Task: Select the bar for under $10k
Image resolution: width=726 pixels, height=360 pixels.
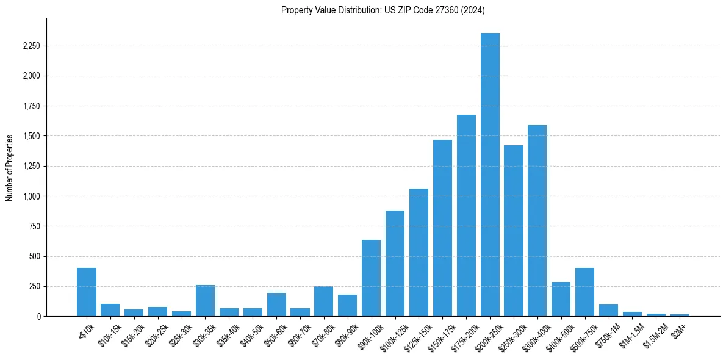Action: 87,292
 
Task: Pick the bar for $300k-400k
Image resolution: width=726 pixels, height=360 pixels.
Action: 537,220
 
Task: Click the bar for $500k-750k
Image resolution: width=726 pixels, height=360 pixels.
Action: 584,292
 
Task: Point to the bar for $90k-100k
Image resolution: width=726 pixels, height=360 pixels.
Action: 371,278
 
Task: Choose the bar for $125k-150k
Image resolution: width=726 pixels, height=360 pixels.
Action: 419,253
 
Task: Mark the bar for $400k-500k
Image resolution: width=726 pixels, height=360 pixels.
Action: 561,299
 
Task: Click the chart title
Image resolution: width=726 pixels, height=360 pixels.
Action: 383,10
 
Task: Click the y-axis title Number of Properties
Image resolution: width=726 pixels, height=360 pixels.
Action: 10,167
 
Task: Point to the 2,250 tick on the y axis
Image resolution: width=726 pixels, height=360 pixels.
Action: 31,46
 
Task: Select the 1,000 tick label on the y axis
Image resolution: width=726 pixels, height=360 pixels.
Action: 31,196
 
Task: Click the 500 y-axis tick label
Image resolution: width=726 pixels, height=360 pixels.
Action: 34,256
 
